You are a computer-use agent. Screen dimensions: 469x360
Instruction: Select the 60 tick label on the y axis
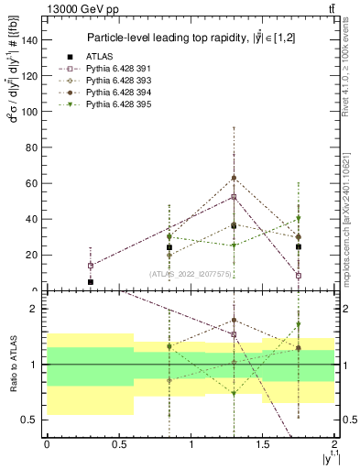tap(32, 183)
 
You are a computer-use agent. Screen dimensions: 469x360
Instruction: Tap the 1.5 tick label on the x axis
tap(262, 444)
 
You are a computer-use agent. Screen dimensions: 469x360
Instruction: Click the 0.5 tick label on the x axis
tap(118, 444)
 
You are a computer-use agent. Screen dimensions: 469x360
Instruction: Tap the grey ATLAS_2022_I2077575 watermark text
tap(191, 273)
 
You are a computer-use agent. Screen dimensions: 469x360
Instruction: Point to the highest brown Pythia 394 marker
tap(235, 178)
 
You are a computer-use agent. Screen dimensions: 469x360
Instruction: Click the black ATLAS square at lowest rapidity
tap(90, 282)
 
